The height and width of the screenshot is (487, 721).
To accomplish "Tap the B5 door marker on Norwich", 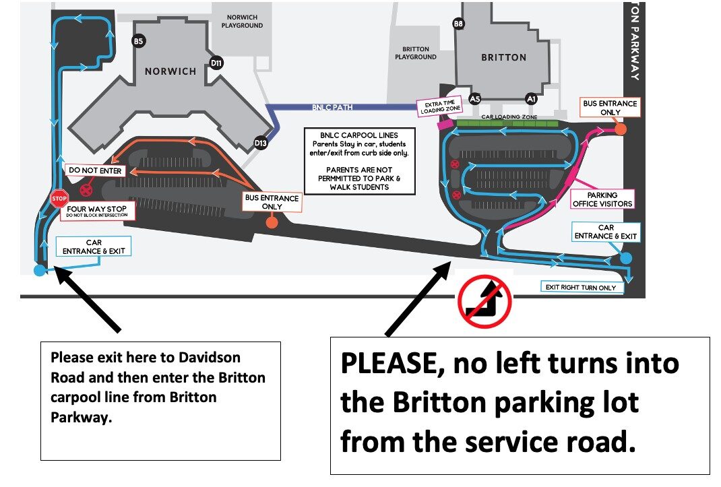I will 138,42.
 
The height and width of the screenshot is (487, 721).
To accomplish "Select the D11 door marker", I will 217,63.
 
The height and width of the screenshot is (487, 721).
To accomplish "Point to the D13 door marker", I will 261,142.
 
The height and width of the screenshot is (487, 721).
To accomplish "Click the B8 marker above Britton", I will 458,24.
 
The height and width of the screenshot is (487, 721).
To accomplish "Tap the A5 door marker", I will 475,98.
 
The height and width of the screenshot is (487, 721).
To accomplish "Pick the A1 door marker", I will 531,98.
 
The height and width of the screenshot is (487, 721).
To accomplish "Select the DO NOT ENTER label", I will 94,171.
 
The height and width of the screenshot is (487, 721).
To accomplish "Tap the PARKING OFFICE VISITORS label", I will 602,200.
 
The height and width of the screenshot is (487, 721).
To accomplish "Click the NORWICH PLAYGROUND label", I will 242,22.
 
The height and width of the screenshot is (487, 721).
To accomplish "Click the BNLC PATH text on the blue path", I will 333,107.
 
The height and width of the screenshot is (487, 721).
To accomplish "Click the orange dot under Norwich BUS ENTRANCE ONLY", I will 272,223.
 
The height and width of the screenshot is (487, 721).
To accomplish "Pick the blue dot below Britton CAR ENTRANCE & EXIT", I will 626,258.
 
